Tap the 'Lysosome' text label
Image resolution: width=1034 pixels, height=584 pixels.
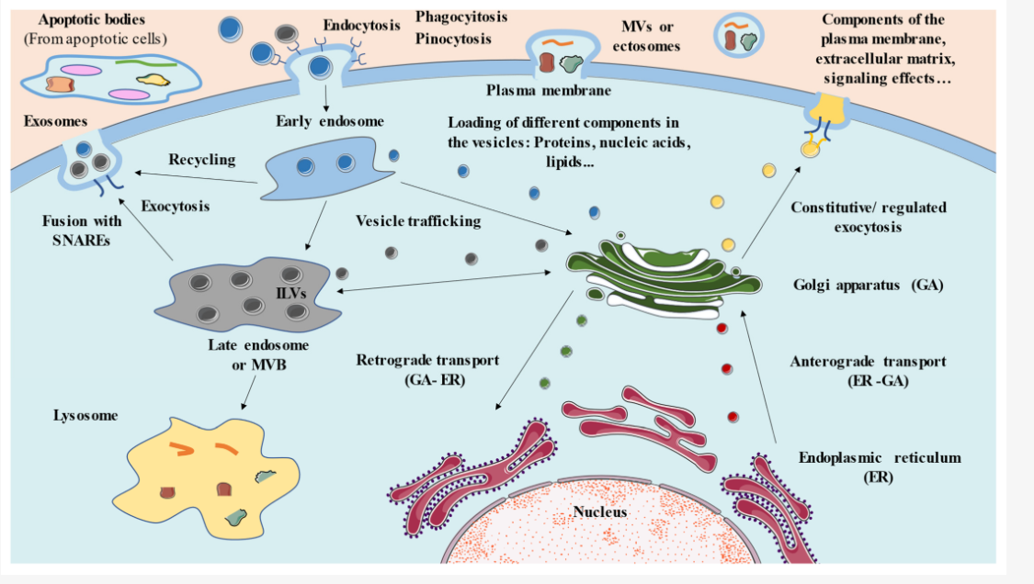pyautogui.click(x=85, y=416)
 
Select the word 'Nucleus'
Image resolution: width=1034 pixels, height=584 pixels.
pyautogui.click(x=599, y=511)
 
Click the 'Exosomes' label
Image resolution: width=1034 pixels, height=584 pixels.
pyautogui.click(x=57, y=120)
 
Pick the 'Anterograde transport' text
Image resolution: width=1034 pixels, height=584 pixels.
pyautogui.click(x=868, y=362)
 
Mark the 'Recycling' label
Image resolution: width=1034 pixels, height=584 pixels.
pyautogui.click(x=201, y=160)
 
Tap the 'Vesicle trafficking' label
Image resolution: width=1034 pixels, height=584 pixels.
pyautogui.click(x=418, y=221)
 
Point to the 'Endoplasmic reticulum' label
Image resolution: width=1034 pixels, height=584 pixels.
pyautogui.click(x=866, y=457)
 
